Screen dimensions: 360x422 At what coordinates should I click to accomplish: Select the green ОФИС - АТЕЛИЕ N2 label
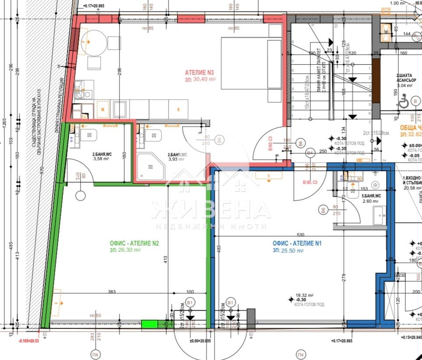coord(131,244)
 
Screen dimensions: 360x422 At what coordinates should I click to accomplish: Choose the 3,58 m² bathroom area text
coord(101,159)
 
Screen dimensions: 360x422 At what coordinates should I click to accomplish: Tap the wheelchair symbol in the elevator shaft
coord(402,102)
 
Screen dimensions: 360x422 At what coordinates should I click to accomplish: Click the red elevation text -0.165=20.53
coord(31,340)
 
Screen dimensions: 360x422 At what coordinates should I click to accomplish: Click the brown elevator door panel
coord(375,79)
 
